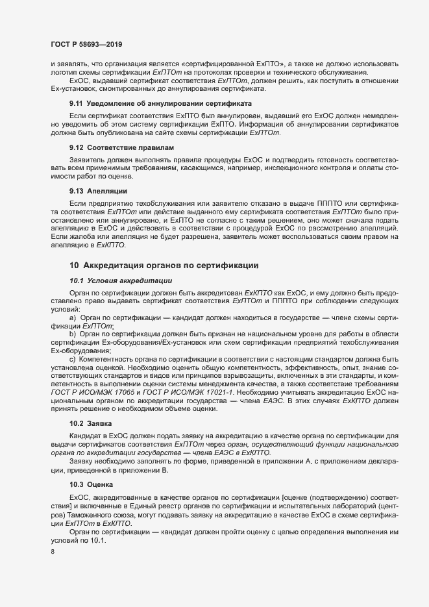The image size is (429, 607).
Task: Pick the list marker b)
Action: click(x=73, y=332)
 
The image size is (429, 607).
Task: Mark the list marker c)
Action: click(x=73, y=359)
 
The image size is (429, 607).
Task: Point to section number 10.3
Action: click(x=77, y=484)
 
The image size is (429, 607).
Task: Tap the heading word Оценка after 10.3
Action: click(x=102, y=484)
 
